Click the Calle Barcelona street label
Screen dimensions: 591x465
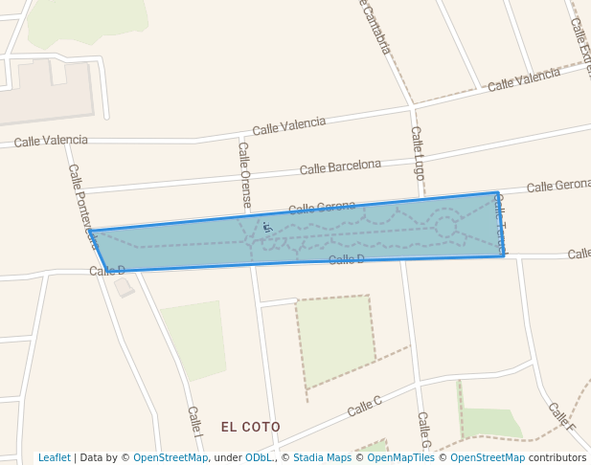pyautogui.click(x=340, y=166)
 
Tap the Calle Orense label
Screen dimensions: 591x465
pyautogui.click(x=245, y=175)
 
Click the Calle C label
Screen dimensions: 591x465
pyautogui.click(x=364, y=406)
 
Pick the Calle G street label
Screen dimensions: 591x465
pyautogui.click(x=424, y=431)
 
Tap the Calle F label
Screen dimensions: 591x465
pyautogui.click(x=561, y=415)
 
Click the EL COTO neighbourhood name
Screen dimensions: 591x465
pyautogui.click(x=251, y=427)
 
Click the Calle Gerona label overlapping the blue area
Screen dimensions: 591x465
pyautogui.click(x=322, y=207)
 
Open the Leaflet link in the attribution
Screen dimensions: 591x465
pyautogui.click(x=54, y=457)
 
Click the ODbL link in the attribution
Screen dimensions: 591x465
pyautogui.click(x=259, y=457)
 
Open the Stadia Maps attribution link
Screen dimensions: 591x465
pyautogui.click(x=322, y=457)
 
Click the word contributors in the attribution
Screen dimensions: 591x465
pyautogui.click(x=557, y=457)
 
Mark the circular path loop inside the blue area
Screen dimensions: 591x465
pyautogui.click(x=445, y=226)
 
